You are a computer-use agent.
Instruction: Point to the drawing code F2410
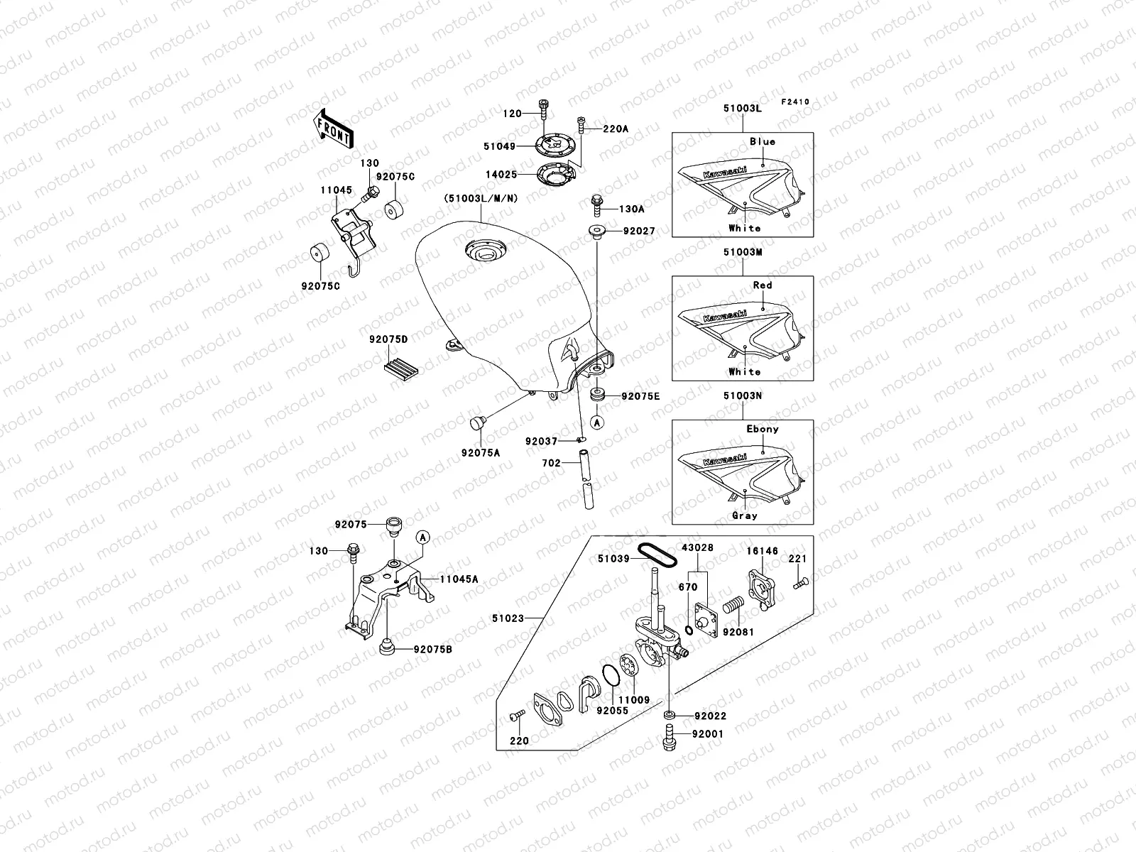point(795,102)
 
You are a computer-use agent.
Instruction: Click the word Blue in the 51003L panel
point(763,141)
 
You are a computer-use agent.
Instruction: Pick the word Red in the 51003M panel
point(763,285)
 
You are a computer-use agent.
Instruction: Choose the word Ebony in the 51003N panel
point(763,429)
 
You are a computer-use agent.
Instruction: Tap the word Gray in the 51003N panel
point(744,515)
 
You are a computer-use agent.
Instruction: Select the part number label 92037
point(541,441)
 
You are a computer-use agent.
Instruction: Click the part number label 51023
point(508,618)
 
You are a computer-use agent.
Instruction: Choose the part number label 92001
point(709,733)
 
